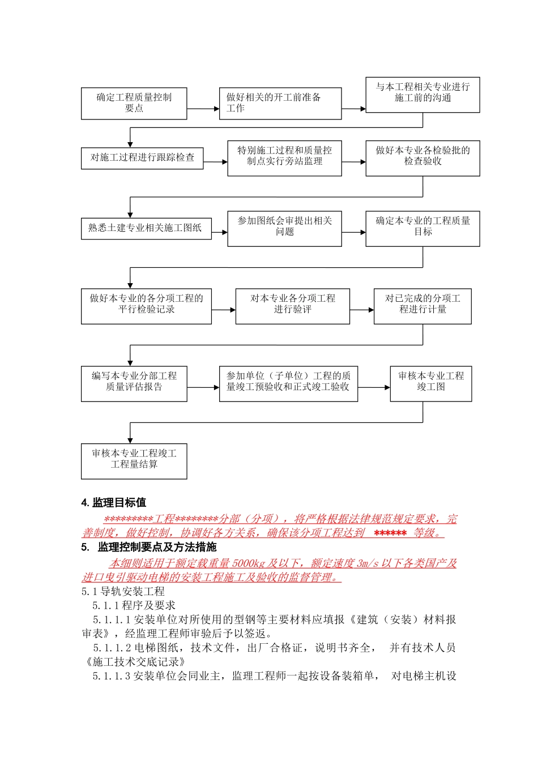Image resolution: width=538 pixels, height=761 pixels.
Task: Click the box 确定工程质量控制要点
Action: pyautogui.click(x=134, y=103)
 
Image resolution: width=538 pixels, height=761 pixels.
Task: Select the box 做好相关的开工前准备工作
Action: pyautogui.click(x=280, y=103)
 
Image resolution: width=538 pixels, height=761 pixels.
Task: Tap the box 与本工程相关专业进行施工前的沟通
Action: pyautogui.click(x=422, y=95)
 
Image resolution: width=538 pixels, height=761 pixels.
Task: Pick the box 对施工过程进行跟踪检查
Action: pyautogui.click(x=142, y=157)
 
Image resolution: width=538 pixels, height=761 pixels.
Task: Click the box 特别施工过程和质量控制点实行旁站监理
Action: pyautogui.click(x=284, y=158)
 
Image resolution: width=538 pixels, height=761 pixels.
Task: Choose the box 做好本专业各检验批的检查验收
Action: pyautogui.click(x=422, y=158)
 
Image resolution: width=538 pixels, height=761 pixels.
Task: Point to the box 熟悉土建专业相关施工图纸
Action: pyautogui.click(x=146, y=228)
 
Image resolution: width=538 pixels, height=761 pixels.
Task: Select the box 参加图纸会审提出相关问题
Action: pyautogui.click(x=284, y=229)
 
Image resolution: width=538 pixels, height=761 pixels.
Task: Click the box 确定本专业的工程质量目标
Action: pyautogui.click(x=422, y=229)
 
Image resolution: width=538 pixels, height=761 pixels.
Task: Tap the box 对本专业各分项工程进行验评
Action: pyautogui.click(x=292, y=306)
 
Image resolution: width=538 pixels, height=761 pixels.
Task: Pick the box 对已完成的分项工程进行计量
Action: pyautogui.click(x=422, y=306)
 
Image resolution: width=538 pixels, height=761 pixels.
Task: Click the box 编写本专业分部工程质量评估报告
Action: pyautogui.click(x=134, y=384)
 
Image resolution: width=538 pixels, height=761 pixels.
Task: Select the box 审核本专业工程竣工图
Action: pyautogui.click(x=430, y=384)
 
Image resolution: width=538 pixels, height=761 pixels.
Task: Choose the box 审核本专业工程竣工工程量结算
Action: pyautogui.click(x=134, y=461)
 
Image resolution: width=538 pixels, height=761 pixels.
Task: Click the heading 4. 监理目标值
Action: pyautogui.click(x=114, y=502)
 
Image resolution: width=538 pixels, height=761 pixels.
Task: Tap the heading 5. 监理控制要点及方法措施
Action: pyautogui.click(x=149, y=547)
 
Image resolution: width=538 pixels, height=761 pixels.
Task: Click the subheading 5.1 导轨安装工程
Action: pyautogui.click(x=123, y=591)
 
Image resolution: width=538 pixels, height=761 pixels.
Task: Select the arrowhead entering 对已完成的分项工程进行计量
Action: pyautogui.click(x=371, y=310)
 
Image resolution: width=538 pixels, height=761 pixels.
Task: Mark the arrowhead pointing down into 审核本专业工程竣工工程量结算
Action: pyautogui.click(x=130, y=441)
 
